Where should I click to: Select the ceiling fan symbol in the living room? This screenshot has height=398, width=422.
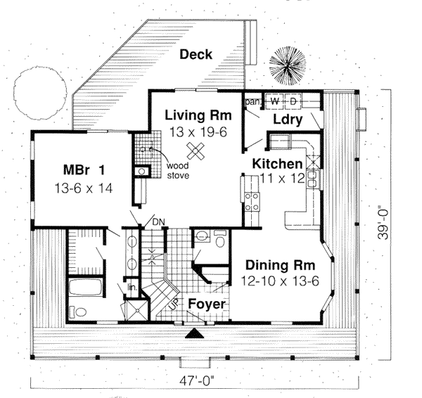click(199, 149)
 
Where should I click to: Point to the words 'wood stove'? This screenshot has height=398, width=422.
click(177, 171)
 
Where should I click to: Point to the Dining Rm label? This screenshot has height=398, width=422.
click(280, 266)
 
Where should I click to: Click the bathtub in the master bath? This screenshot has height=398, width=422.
click(84, 288)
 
